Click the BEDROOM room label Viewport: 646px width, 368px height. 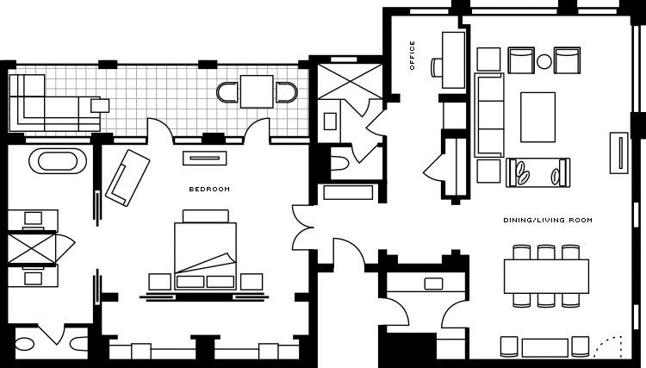click(x=209, y=189)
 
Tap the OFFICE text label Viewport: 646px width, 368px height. click(x=413, y=55)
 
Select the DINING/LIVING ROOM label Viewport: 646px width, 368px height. click(x=548, y=220)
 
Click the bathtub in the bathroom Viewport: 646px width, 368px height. click(x=58, y=160)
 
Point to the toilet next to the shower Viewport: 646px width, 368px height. click(x=340, y=164)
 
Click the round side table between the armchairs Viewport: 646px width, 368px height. click(x=544, y=61)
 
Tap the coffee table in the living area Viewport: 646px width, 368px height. click(x=537, y=117)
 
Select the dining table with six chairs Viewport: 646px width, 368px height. click(x=546, y=276)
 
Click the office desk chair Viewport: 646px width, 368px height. click(x=437, y=67)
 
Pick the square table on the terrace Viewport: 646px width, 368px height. click(x=257, y=91)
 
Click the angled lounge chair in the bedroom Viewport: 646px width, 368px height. click(x=127, y=178)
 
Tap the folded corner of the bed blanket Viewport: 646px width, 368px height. click(x=229, y=259)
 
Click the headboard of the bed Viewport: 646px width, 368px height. click(x=206, y=216)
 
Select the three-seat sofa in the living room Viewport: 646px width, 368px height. click(x=489, y=115)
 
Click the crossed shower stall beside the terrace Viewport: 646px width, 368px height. click(x=350, y=81)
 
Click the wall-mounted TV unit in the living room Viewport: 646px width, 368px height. click(x=619, y=153)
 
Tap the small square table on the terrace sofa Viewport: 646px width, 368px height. click(x=100, y=105)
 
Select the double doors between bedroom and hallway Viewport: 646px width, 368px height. click(x=301, y=228)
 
